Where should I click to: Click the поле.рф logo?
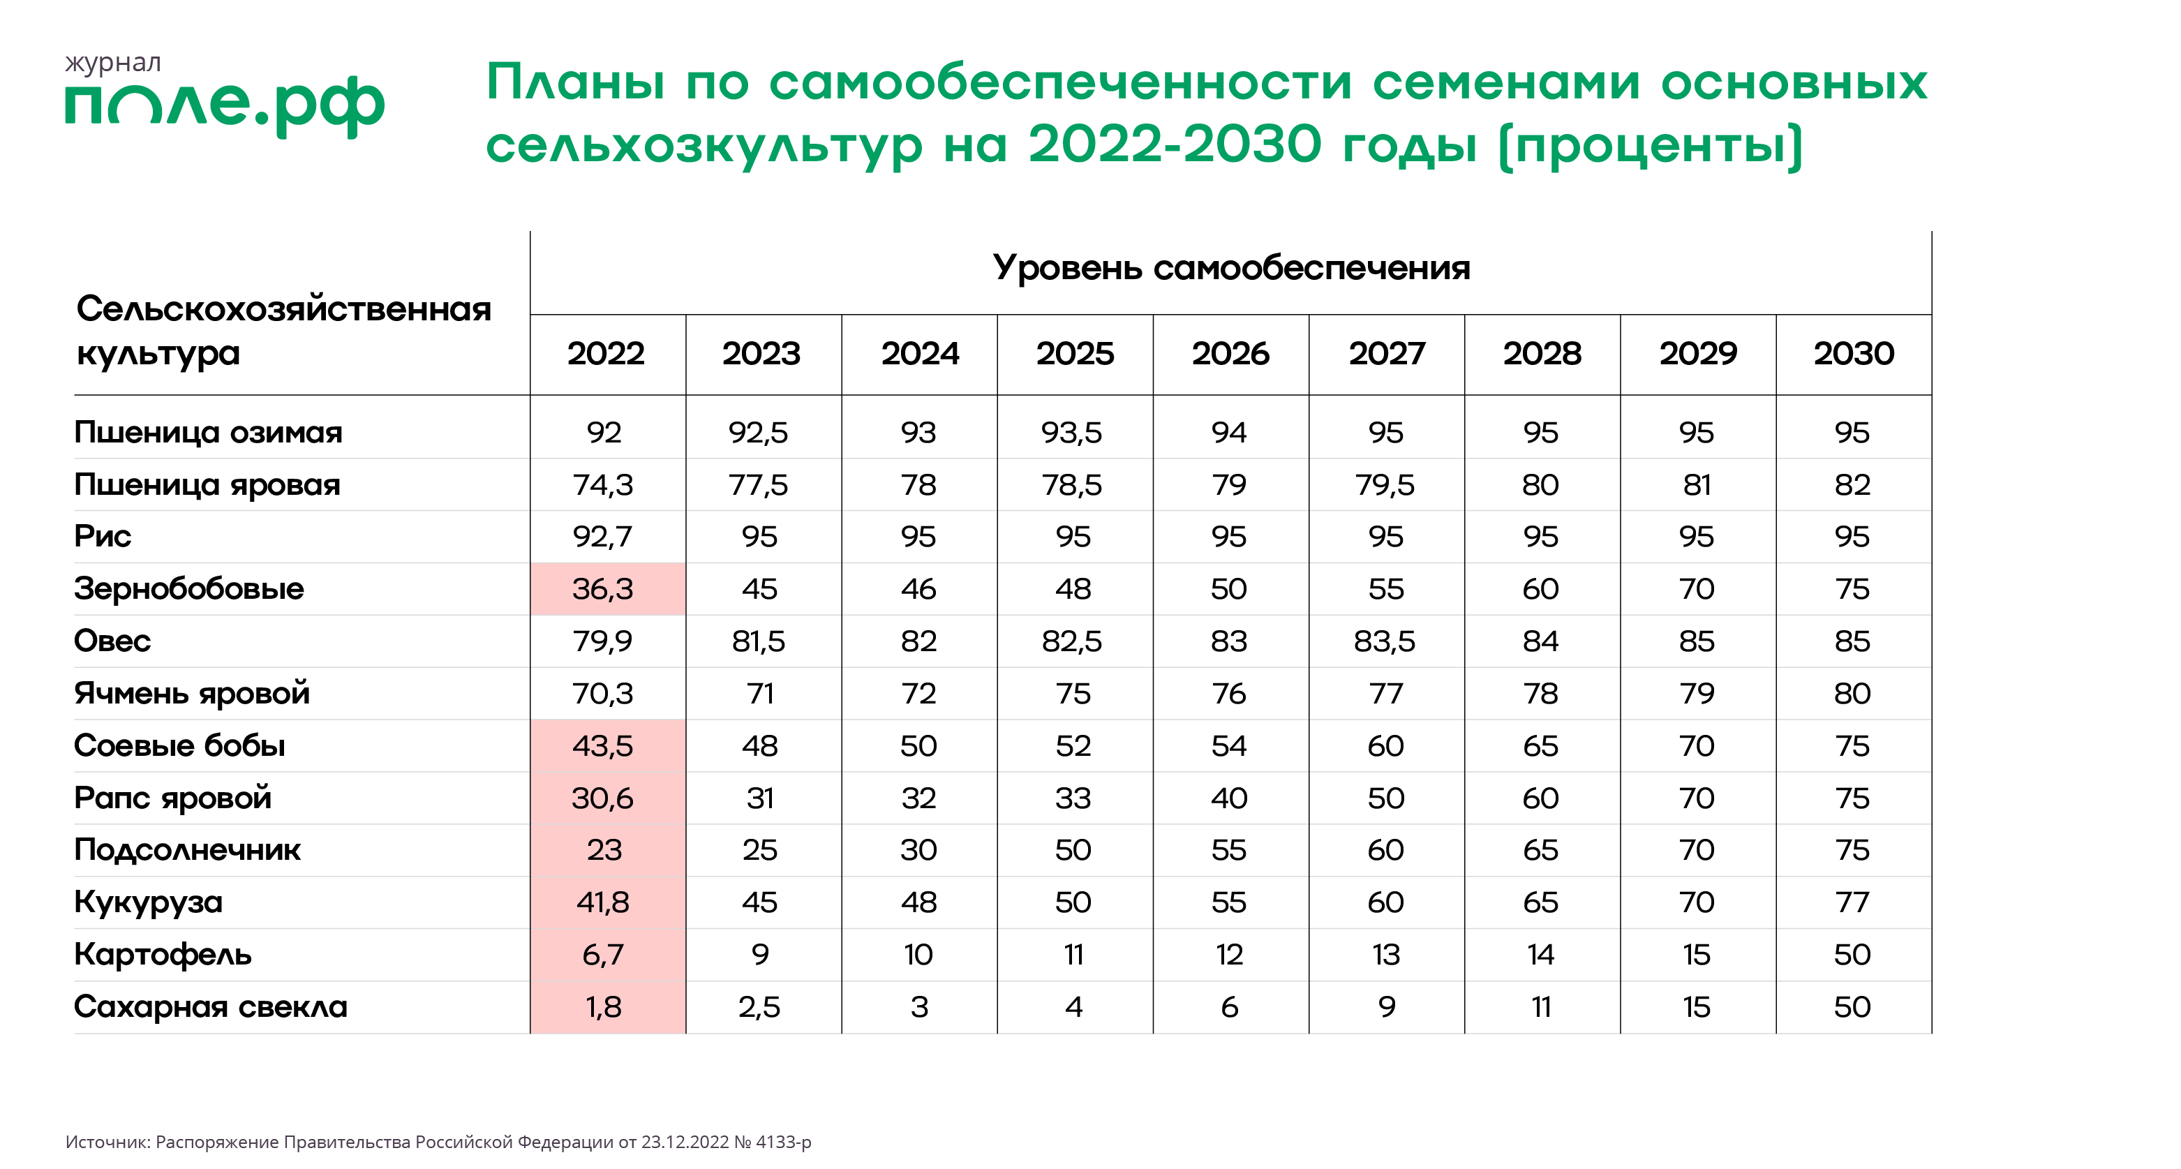coord(224,104)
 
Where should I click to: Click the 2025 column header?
coord(1074,354)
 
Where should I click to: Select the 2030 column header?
coord(1854,354)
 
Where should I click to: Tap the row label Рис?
coord(103,537)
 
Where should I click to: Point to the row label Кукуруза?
coord(148,902)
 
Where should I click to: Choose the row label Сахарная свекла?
coord(210,1007)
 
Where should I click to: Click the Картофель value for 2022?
coord(603,955)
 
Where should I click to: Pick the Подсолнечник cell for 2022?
coord(604,850)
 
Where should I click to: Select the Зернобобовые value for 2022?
coord(603,589)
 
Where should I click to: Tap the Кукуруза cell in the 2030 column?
coord(1852,902)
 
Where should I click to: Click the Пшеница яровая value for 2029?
coord(1697,485)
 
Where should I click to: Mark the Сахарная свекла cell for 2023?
coord(759,1007)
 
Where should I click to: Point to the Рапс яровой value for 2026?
coord(1228,798)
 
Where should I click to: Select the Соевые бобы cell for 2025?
coord(1073,746)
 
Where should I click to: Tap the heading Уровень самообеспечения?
coord(1231,267)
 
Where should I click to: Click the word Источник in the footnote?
coord(107,1142)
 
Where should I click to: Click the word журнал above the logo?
coord(112,64)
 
